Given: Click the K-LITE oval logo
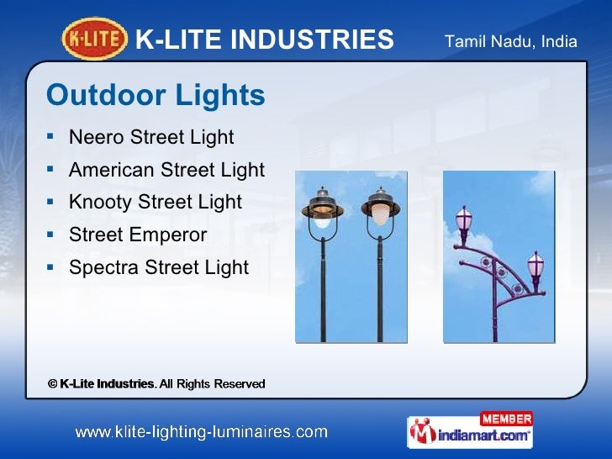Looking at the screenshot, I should click(95, 39).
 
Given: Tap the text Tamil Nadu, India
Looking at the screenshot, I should click(510, 40).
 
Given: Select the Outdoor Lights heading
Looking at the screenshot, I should click(156, 96).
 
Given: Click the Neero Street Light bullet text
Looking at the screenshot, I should click(151, 137).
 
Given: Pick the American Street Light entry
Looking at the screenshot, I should click(166, 170).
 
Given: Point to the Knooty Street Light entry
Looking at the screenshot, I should click(156, 202).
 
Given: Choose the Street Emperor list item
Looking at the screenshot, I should click(138, 235).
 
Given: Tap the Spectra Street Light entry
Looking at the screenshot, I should click(159, 267).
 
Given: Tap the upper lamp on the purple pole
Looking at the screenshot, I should click(463, 219).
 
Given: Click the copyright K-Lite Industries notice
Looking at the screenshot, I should click(156, 383).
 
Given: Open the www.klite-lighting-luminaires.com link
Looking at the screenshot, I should click(201, 432).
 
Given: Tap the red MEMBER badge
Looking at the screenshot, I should click(505, 419).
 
